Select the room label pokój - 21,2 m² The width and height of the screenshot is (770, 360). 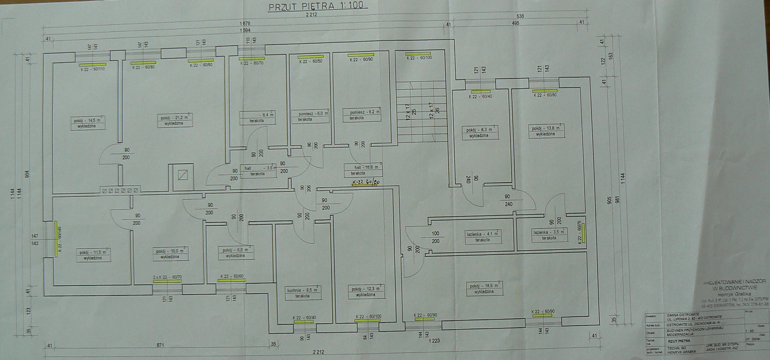175,118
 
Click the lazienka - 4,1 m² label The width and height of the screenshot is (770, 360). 482,235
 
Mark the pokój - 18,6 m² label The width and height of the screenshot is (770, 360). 484,286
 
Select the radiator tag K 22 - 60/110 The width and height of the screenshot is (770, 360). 93,69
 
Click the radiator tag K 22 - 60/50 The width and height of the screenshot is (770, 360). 311,61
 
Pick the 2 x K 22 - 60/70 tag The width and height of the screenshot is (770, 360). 167,277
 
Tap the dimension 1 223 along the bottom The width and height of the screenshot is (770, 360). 434,341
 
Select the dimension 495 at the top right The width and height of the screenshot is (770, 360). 515,23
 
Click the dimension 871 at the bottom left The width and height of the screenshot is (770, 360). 161,345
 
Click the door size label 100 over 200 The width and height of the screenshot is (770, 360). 435,237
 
